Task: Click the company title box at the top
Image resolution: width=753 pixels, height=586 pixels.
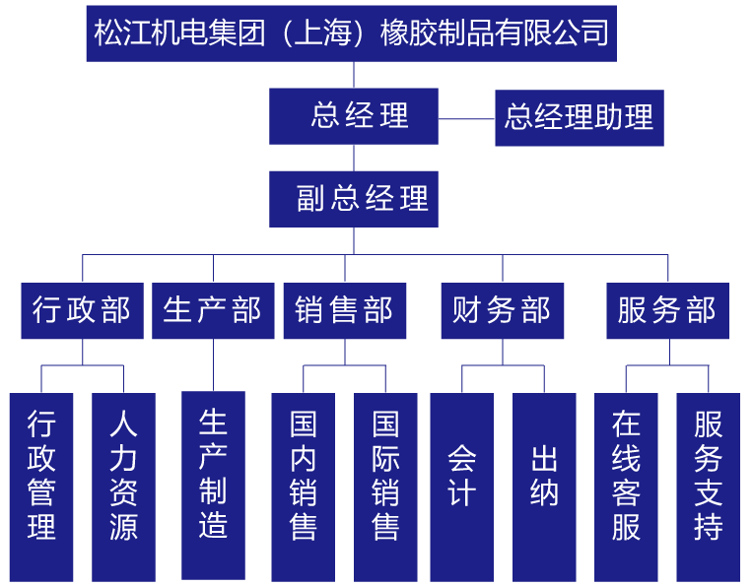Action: point(351,33)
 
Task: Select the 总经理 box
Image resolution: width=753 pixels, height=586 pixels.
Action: point(354,116)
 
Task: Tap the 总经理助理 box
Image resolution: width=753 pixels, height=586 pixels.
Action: point(579,118)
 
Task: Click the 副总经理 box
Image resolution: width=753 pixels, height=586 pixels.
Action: point(354,199)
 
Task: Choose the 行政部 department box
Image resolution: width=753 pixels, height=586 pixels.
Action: point(82,311)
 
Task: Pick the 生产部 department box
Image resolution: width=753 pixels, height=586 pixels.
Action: point(213,311)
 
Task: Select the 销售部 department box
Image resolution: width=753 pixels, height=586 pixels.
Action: point(344,311)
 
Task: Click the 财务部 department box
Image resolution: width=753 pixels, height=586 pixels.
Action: point(502,311)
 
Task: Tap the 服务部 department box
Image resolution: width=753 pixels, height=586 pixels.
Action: point(667,311)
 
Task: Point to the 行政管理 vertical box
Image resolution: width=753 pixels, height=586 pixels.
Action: point(41,487)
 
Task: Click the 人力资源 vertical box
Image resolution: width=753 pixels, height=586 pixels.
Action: point(123,487)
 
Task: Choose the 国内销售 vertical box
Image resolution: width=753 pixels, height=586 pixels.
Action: point(304,487)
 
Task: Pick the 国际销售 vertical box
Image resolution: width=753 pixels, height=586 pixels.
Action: point(385,487)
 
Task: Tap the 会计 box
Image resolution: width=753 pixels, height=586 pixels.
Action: point(461,487)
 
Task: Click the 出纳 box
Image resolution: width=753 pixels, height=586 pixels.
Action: point(544,487)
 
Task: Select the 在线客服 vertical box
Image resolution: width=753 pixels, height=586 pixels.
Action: point(626,487)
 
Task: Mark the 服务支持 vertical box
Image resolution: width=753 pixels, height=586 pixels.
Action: point(708,487)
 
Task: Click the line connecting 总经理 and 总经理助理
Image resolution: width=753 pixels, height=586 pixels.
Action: point(466,119)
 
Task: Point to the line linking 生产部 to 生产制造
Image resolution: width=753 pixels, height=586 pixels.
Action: point(213,365)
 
